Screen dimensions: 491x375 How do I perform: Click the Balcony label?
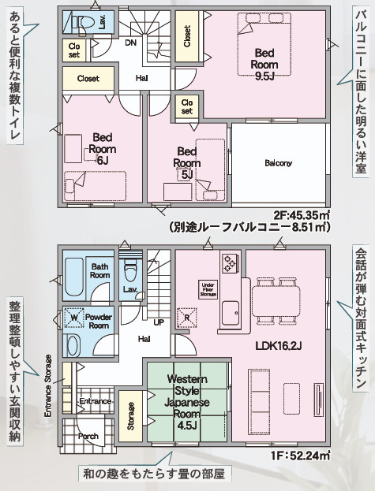point(279,163)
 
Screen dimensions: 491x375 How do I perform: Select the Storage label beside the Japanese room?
point(131,417)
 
